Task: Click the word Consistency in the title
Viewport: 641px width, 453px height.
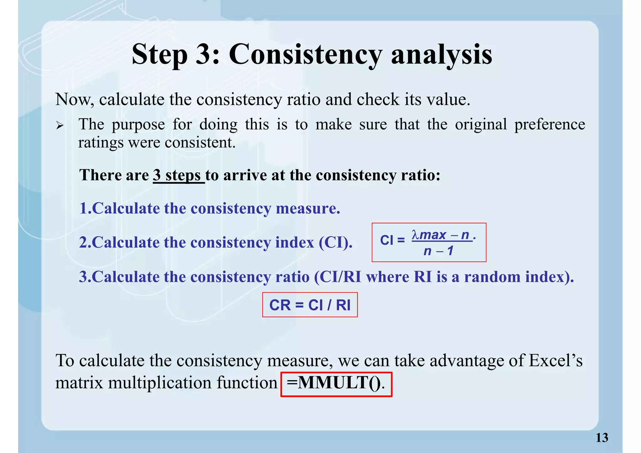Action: click(x=305, y=54)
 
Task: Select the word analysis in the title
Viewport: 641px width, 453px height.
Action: click(x=442, y=54)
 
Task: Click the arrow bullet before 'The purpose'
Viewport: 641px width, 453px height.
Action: click(x=60, y=126)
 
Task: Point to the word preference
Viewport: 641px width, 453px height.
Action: click(x=550, y=125)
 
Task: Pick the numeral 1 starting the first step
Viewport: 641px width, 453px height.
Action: click(x=83, y=208)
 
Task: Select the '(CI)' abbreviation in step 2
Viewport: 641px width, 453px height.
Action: click(x=335, y=242)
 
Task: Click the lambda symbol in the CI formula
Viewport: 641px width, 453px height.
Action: click(x=415, y=234)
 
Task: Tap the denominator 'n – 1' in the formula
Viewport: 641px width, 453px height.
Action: click(x=438, y=251)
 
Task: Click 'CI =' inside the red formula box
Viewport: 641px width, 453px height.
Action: click(x=392, y=241)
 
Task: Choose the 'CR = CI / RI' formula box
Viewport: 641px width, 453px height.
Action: click(x=310, y=305)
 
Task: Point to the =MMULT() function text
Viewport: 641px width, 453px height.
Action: click(x=336, y=383)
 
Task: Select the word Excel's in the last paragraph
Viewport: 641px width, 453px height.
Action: click(x=556, y=361)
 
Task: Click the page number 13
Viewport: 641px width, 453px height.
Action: click(x=602, y=438)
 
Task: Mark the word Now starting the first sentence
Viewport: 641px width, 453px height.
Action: click(x=74, y=100)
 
